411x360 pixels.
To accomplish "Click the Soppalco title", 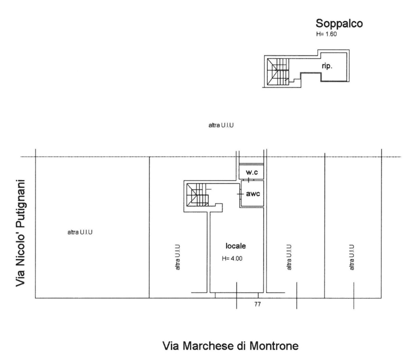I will coord(338,23).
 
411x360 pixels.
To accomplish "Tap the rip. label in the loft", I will coord(327,65).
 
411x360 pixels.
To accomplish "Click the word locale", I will coord(236,246).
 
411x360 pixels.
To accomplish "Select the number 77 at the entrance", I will coord(258,303).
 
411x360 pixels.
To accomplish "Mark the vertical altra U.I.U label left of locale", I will coord(177,257).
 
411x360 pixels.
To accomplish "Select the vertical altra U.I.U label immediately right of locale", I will coord(288,257).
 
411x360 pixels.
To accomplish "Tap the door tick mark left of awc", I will coord(240,192).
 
